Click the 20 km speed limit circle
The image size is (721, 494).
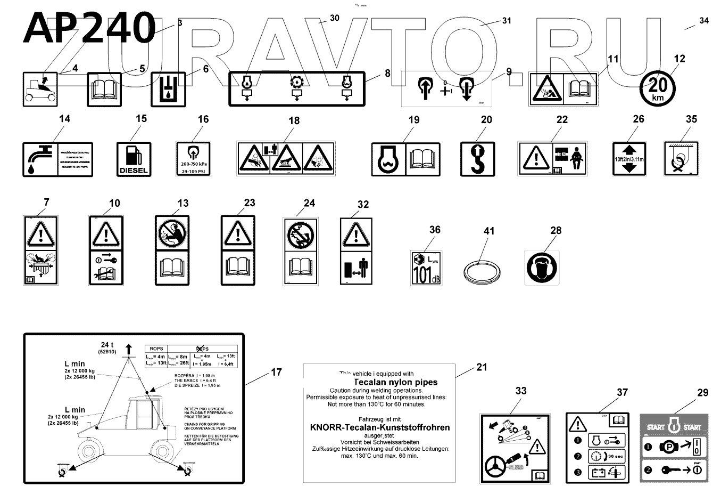click(x=658, y=87)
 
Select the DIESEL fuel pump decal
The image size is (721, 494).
click(x=134, y=159)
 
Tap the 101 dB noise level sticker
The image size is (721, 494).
click(x=426, y=268)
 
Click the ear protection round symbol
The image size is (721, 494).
click(x=542, y=268)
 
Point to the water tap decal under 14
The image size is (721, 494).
click(x=57, y=159)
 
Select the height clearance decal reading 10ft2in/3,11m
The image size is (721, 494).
click(x=629, y=159)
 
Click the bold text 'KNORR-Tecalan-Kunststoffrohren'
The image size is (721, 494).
click(x=379, y=427)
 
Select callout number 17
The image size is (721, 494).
click(x=277, y=372)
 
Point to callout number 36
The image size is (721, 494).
click(x=435, y=230)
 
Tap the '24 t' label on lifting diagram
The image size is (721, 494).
click(x=107, y=345)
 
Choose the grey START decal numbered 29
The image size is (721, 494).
click(x=673, y=449)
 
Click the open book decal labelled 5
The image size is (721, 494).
click(x=104, y=90)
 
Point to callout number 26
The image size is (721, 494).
click(x=639, y=119)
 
